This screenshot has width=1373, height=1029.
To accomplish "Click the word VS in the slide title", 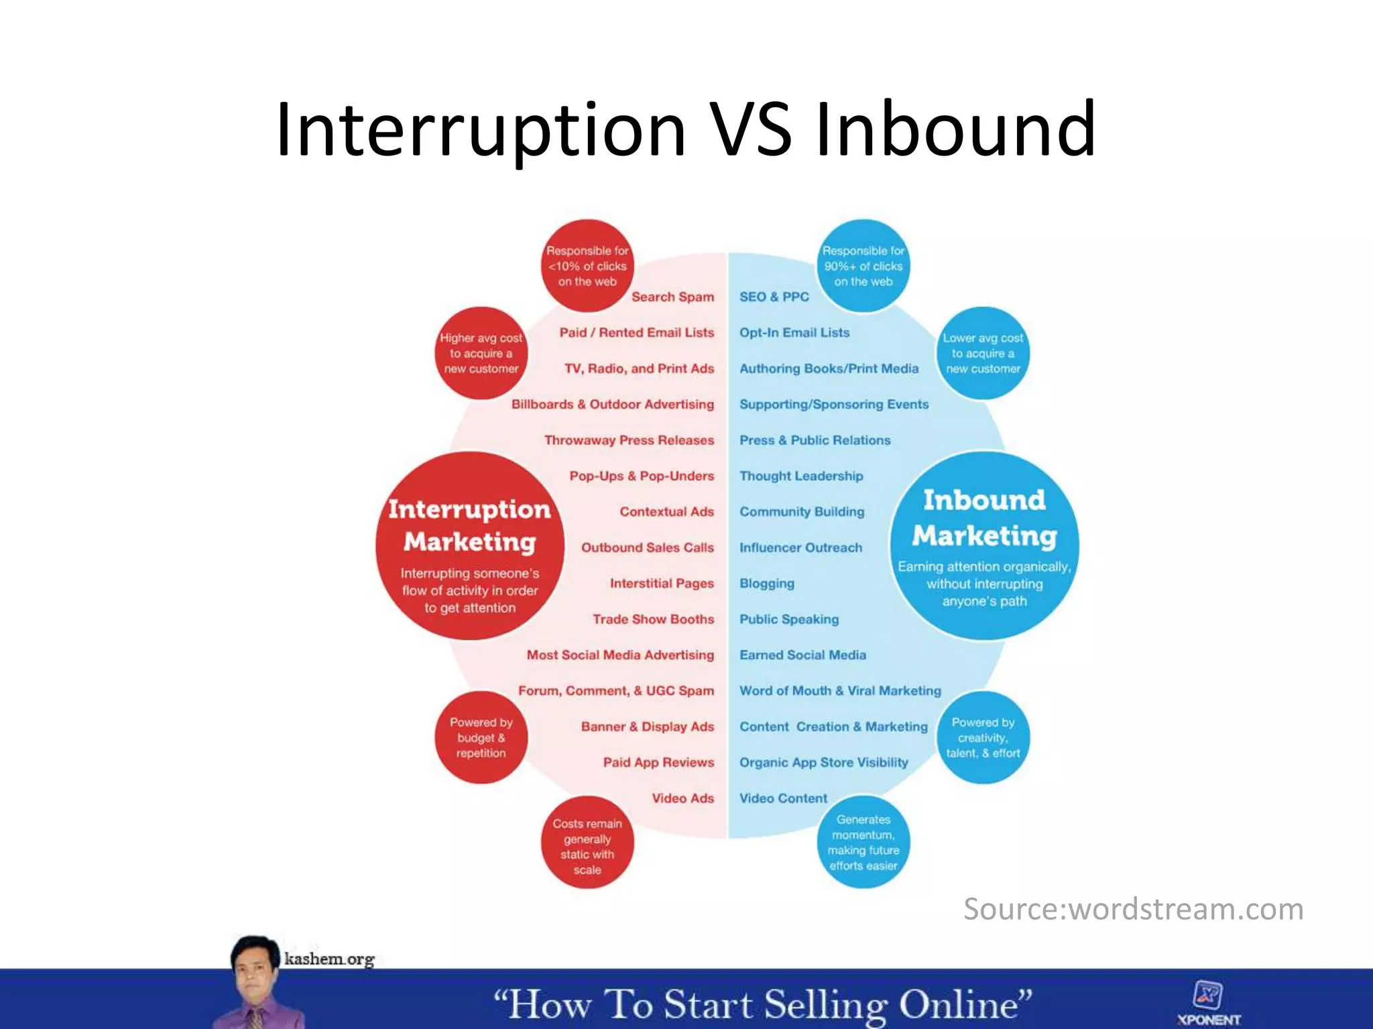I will [750, 129].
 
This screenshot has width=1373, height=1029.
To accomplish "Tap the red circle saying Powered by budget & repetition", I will [481, 738].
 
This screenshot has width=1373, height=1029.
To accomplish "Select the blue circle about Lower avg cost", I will [983, 353].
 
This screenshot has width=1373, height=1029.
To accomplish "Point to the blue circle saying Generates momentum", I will [863, 842].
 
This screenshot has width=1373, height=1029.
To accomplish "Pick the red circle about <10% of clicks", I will [587, 266].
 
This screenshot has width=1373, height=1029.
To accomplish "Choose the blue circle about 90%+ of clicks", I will [863, 266].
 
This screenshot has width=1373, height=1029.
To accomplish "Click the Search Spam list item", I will [672, 297].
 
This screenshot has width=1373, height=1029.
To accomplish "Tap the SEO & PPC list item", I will [774, 297].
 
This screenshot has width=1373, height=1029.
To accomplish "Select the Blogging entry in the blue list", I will [767, 584].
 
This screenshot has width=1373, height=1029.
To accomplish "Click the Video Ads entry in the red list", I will [682, 799].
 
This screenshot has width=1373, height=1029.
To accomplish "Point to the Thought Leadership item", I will [801, 476].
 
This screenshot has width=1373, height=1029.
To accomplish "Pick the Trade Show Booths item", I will [653, 620].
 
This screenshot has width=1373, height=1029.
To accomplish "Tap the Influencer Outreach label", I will [800, 548].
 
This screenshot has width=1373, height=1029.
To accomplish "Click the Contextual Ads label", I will [666, 512].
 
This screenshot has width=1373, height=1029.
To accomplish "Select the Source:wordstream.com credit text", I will [1133, 910].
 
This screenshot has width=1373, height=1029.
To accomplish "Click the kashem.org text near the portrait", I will [329, 959].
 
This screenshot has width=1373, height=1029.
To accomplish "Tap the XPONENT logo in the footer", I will [1209, 1004].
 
